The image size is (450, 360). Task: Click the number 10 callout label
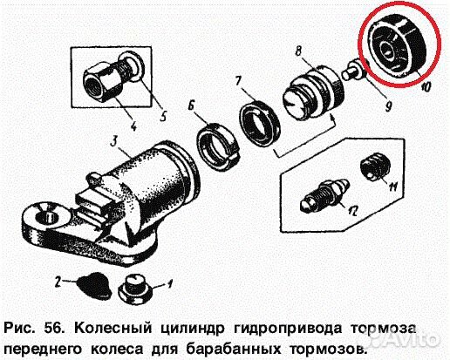click(426, 86)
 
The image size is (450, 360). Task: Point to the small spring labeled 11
click(374, 167)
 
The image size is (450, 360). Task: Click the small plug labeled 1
click(138, 284)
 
